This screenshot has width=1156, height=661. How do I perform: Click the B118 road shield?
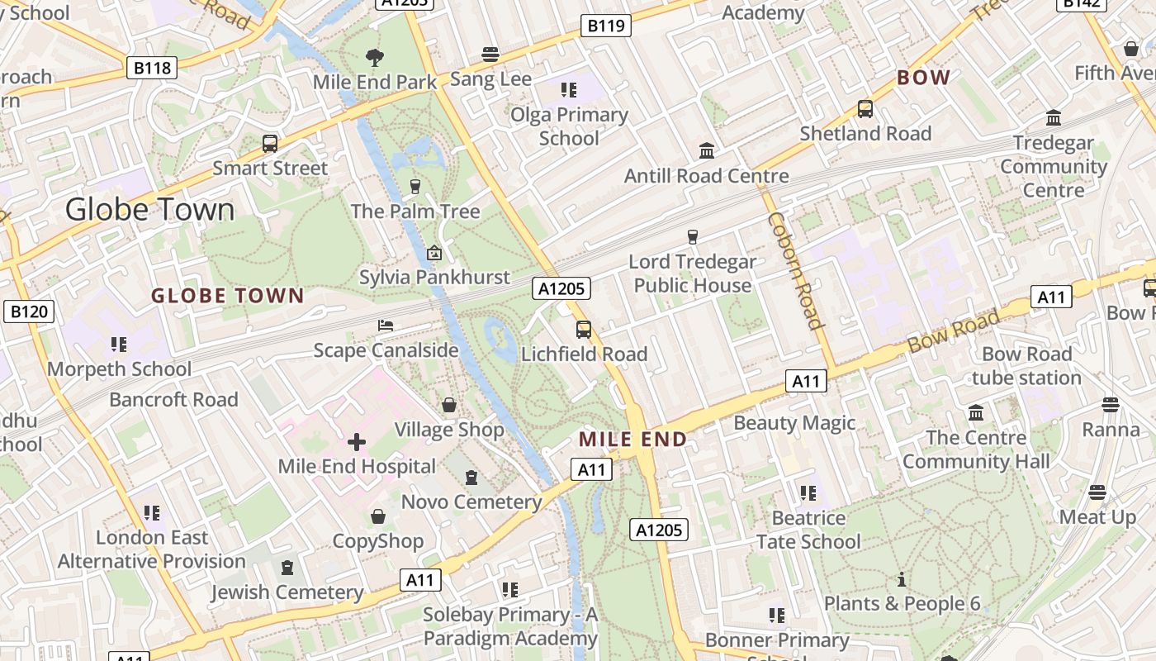click(153, 67)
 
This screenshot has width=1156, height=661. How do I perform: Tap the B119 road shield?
click(605, 26)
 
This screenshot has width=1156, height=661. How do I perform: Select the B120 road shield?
click(30, 311)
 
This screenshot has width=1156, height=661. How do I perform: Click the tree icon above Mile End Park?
click(375, 57)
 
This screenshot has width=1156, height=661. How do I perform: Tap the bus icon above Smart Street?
click(270, 143)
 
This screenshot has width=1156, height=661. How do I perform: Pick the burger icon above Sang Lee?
click(490, 55)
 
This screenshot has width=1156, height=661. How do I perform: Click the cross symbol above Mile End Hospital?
click(357, 442)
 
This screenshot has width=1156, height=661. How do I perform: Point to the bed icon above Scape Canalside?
click(386, 326)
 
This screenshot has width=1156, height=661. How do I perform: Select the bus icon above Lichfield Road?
click(584, 330)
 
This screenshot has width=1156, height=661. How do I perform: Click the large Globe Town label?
click(149, 209)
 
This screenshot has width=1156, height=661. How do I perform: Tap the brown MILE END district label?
click(633, 439)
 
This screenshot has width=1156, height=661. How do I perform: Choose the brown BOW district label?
click(923, 78)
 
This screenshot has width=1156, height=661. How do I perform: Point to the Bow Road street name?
click(953, 330)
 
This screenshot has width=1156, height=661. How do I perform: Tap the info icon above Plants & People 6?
click(902, 579)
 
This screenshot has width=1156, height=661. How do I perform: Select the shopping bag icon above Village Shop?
click(449, 405)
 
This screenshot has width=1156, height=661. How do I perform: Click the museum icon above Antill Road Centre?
click(707, 151)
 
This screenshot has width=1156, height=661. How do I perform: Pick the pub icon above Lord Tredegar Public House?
click(693, 237)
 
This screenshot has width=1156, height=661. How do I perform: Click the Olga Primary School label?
click(569, 126)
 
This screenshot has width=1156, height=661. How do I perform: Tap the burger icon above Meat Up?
click(1097, 492)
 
